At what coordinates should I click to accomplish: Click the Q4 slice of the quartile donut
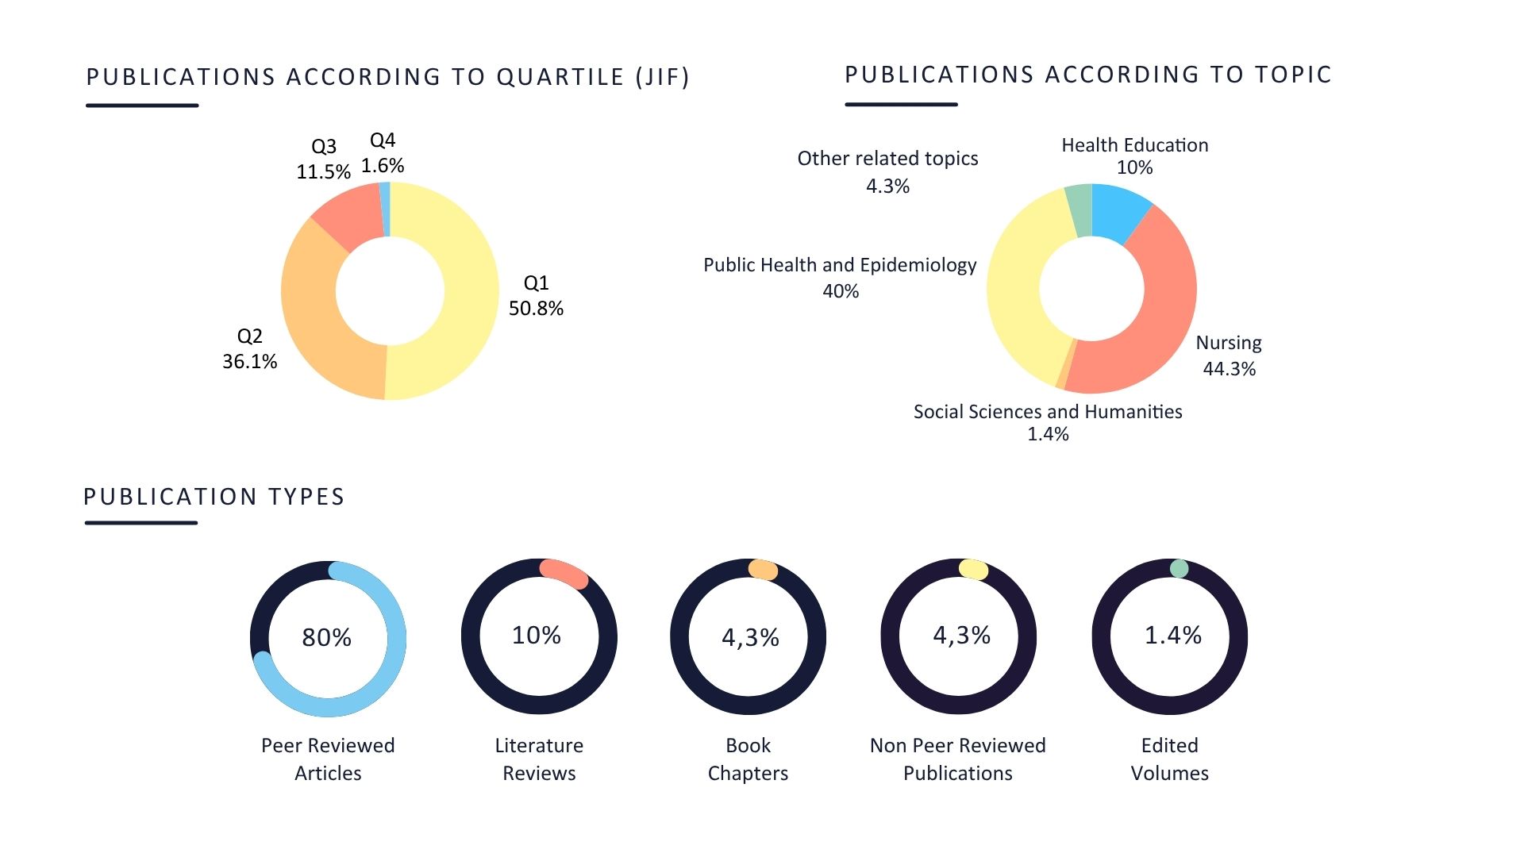[x=386, y=208]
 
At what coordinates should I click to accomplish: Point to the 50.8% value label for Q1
[x=536, y=309]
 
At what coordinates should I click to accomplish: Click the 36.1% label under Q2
[x=249, y=362]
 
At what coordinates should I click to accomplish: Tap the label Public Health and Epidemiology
[x=840, y=265]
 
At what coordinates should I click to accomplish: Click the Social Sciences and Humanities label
[x=1048, y=412]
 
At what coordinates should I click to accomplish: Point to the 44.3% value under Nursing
[x=1229, y=369]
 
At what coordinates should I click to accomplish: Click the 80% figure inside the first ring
[x=326, y=637]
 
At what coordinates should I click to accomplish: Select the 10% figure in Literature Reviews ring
[x=537, y=636]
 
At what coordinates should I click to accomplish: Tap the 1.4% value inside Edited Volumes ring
[x=1172, y=636]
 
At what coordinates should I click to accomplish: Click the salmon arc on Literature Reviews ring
[x=564, y=574]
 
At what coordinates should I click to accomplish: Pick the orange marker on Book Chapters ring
[x=763, y=570]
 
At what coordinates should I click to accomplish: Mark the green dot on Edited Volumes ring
[x=1179, y=568]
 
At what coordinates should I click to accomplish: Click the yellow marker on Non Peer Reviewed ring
[x=973, y=569]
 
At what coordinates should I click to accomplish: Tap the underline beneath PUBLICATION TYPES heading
[x=140, y=523]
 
